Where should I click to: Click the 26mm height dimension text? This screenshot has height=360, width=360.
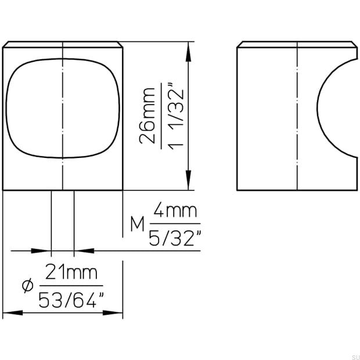click(x=149, y=115)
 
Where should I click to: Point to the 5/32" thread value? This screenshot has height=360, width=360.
click(x=175, y=238)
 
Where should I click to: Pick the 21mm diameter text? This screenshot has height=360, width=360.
click(x=70, y=272)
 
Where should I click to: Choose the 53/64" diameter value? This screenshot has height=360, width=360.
click(x=71, y=299)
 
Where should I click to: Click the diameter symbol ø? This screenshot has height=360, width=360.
click(x=26, y=286)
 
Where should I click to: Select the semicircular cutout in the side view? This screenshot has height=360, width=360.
click(x=337, y=107)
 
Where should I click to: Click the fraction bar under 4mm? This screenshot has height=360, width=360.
click(x=174, y=225)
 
